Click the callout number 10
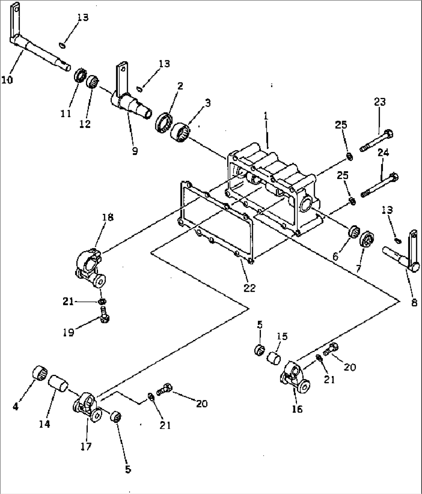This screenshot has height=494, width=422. point(7,80)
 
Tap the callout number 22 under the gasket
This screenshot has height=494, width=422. point(250,288)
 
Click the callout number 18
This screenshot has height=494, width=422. point(108,217)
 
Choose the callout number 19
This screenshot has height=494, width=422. point(69,332)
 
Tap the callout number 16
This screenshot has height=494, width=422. point(297,409)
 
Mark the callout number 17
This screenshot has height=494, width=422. point(86,446)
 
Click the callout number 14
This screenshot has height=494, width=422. point(44,424)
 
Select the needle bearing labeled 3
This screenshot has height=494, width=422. point(180,132)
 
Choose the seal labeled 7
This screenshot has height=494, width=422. point(366,240)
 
